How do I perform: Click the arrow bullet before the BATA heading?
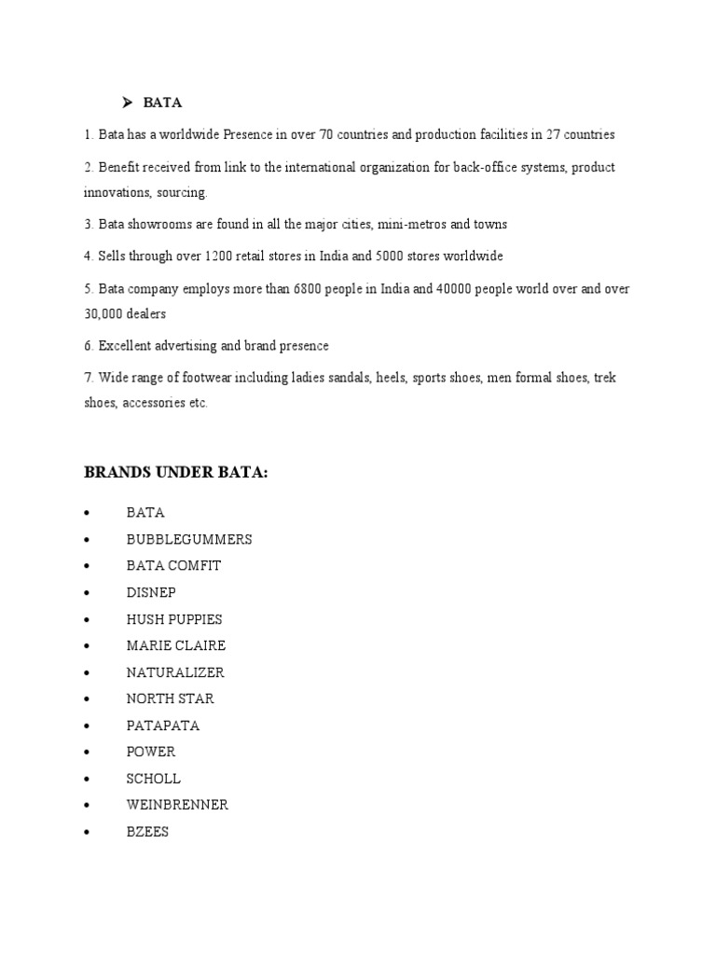click(x=130, y=103)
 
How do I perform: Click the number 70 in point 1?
click(x=327, y=135)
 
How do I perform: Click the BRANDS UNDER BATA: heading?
click(x=176, y=474)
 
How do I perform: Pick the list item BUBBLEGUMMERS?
click(x=189, y=539)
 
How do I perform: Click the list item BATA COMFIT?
click(x=173, y=566)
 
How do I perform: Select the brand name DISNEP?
click(x=151, y=592)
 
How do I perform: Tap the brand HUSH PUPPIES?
click(x=174, y=619)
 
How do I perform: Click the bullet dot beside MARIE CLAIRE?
click(x=86, y=645)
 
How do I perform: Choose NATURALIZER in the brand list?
click(x=175, y=672)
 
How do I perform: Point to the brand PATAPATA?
click(x=163, y=726)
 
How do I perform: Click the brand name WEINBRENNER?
click(x=177, y=805)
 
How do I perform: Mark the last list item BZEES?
click(x=147, y=832)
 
